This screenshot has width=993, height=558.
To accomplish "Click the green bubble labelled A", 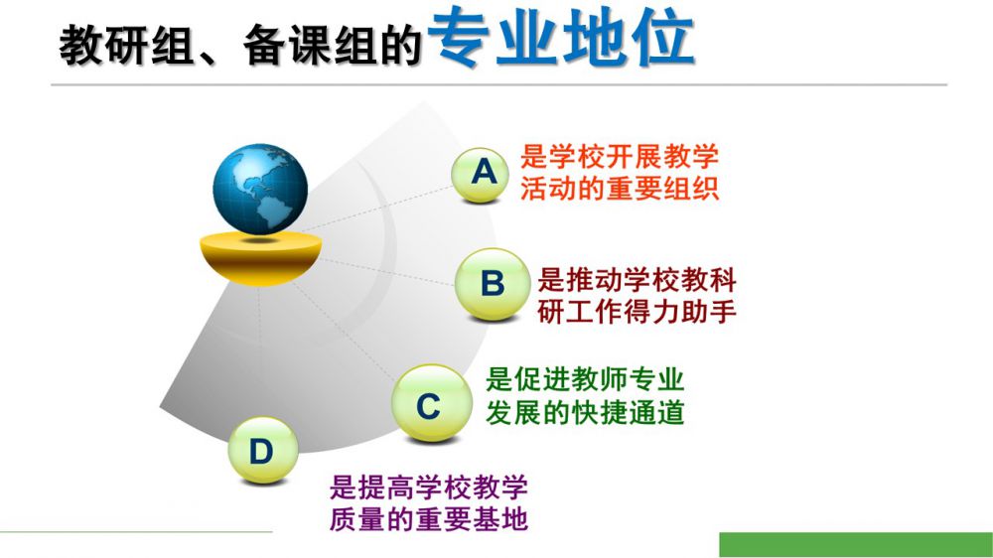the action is tap(481, 174).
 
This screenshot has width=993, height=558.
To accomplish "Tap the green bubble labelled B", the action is tap(493, 284).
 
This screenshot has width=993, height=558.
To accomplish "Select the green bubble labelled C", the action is tap(431, 403).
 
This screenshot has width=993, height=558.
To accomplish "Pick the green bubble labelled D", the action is tap(263, 451).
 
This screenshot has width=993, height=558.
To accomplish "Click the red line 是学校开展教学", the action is tap(620, 157).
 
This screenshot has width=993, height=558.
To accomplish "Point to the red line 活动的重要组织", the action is tap(620, 188).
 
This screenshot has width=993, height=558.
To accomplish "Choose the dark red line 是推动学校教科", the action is tap(637, 279).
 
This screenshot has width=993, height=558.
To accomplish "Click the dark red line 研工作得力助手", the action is tap(637, 312).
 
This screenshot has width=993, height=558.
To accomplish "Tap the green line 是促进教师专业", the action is tap(585, 379).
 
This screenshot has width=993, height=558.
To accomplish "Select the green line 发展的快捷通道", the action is tap(585, 412).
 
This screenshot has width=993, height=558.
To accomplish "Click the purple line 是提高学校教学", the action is tap(429, 488).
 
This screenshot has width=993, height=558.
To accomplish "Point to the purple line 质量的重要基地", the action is tap(429, 519).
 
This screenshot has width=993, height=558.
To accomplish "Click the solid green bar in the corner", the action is tap(856, 545).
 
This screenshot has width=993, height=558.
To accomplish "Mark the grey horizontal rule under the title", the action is tap(499, 84).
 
